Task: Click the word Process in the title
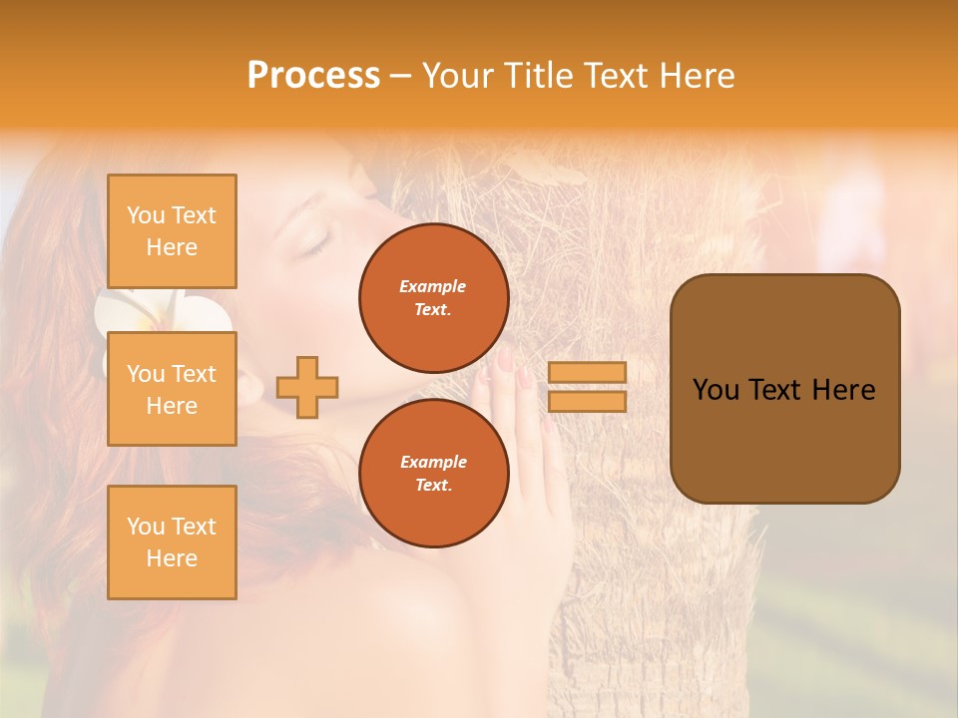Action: (313, 76)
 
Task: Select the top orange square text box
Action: (172, 231)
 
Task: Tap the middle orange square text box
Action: (172, 389)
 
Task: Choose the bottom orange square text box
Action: (172, 542)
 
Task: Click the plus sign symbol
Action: (307, 387)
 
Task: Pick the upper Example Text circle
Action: (433, 297)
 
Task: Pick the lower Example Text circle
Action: (433, 473)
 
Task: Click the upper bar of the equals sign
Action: (587, 372)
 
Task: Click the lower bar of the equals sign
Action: (587, 401)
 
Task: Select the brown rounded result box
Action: (784, 389)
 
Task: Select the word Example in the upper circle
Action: (433, 286)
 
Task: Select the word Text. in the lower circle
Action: (433, 485)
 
